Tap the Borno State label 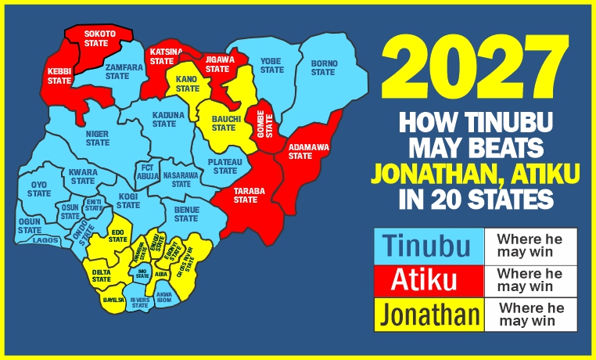[x=323, y=67]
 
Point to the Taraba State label [x=246, y=195]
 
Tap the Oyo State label [x=39, y=189]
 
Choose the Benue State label [x=186, y=213]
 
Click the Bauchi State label [x=224, y=124]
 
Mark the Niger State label [x=98, y=138]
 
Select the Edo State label [x=118, y=236]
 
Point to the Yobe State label [x=271, y=65]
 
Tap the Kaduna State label [x=168, y=119]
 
